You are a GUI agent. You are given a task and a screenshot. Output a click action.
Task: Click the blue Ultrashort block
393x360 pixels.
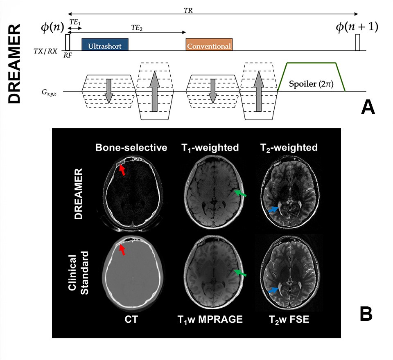pos(105,45)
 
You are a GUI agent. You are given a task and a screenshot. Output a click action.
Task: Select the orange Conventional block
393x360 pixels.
pos(209,45)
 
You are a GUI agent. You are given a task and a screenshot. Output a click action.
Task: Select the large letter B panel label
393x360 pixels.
pos(366,314)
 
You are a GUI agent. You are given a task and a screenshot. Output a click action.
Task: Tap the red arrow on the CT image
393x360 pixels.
pos(122,250)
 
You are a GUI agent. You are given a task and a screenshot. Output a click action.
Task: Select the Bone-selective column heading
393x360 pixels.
pos(131,148)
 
